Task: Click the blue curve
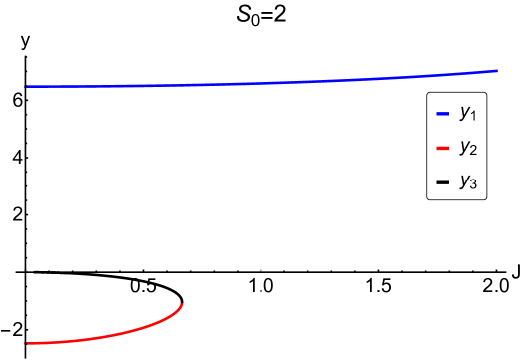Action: [260, 83]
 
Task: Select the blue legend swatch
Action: [442, 114]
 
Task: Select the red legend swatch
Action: [442, 149]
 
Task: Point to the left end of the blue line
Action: [27, 87]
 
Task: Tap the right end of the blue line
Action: [497, 71]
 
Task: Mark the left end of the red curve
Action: [27, 343]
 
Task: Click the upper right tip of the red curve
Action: [181, 305]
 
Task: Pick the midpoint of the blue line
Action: [261, 83]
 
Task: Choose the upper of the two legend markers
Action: [442, 114]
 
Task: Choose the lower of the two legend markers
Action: [442, 149]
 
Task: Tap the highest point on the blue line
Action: [497, 71]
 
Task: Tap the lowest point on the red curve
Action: [27, 343]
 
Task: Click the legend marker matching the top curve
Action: [442, 114]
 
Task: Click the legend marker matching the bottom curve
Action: [442, 149]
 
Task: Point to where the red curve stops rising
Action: [181, 305]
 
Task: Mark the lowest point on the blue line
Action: [27, 87]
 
